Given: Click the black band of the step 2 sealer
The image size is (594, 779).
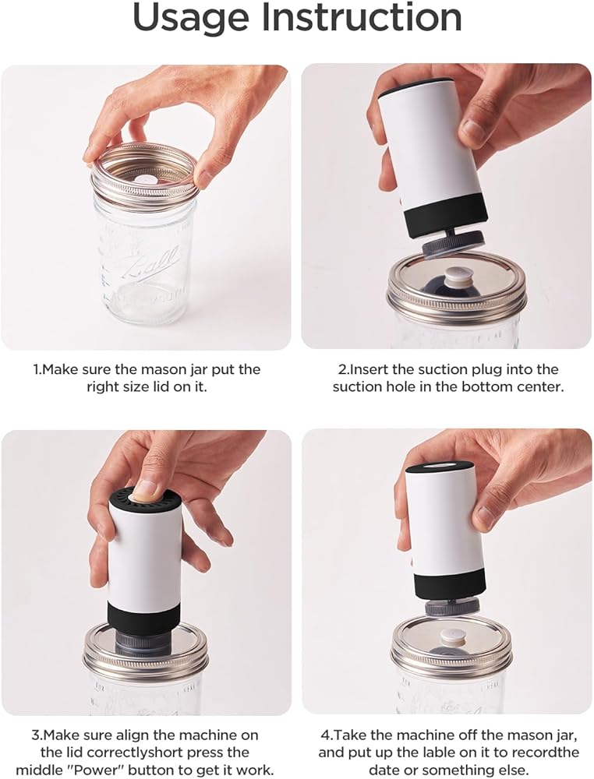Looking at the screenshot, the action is (x=447, y=215).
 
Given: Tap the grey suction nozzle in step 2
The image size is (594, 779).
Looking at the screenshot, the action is (x=452, y=246).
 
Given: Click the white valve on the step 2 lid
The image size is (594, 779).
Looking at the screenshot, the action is (x=455, y=277).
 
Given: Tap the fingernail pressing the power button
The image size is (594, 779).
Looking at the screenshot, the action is (x=146, y=489).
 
